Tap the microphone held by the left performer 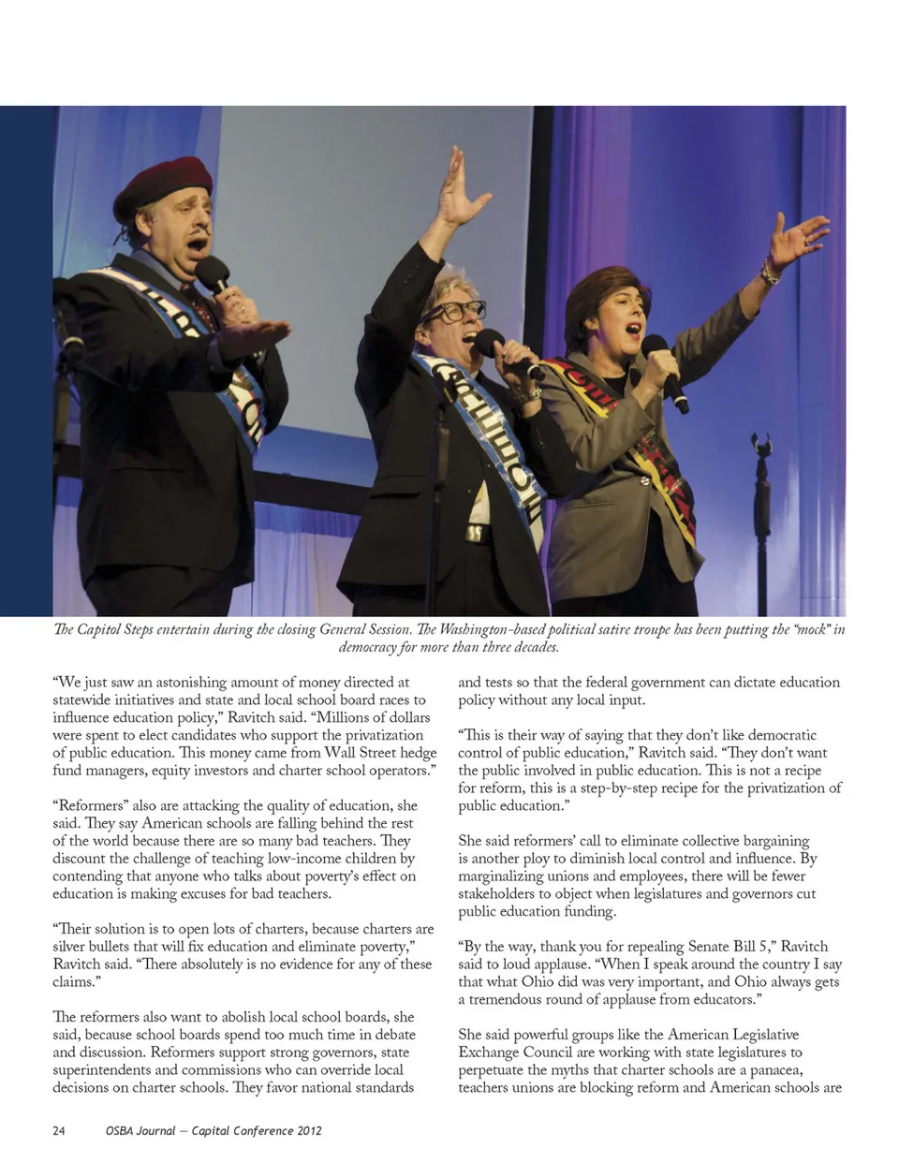pos(214,275)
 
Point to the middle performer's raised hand pos(460,187)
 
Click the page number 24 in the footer pos(59,1130)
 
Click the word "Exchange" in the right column pos(490,1053)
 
